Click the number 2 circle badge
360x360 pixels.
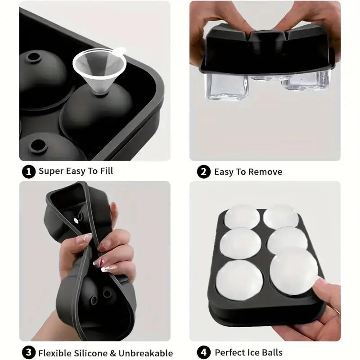point(204,172)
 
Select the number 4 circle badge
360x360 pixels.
point(204,353)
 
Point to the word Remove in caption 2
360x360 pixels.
point(267,172)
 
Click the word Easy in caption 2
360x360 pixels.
point(224,172)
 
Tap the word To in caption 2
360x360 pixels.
point(242,172)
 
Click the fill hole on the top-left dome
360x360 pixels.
point(33,57)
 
